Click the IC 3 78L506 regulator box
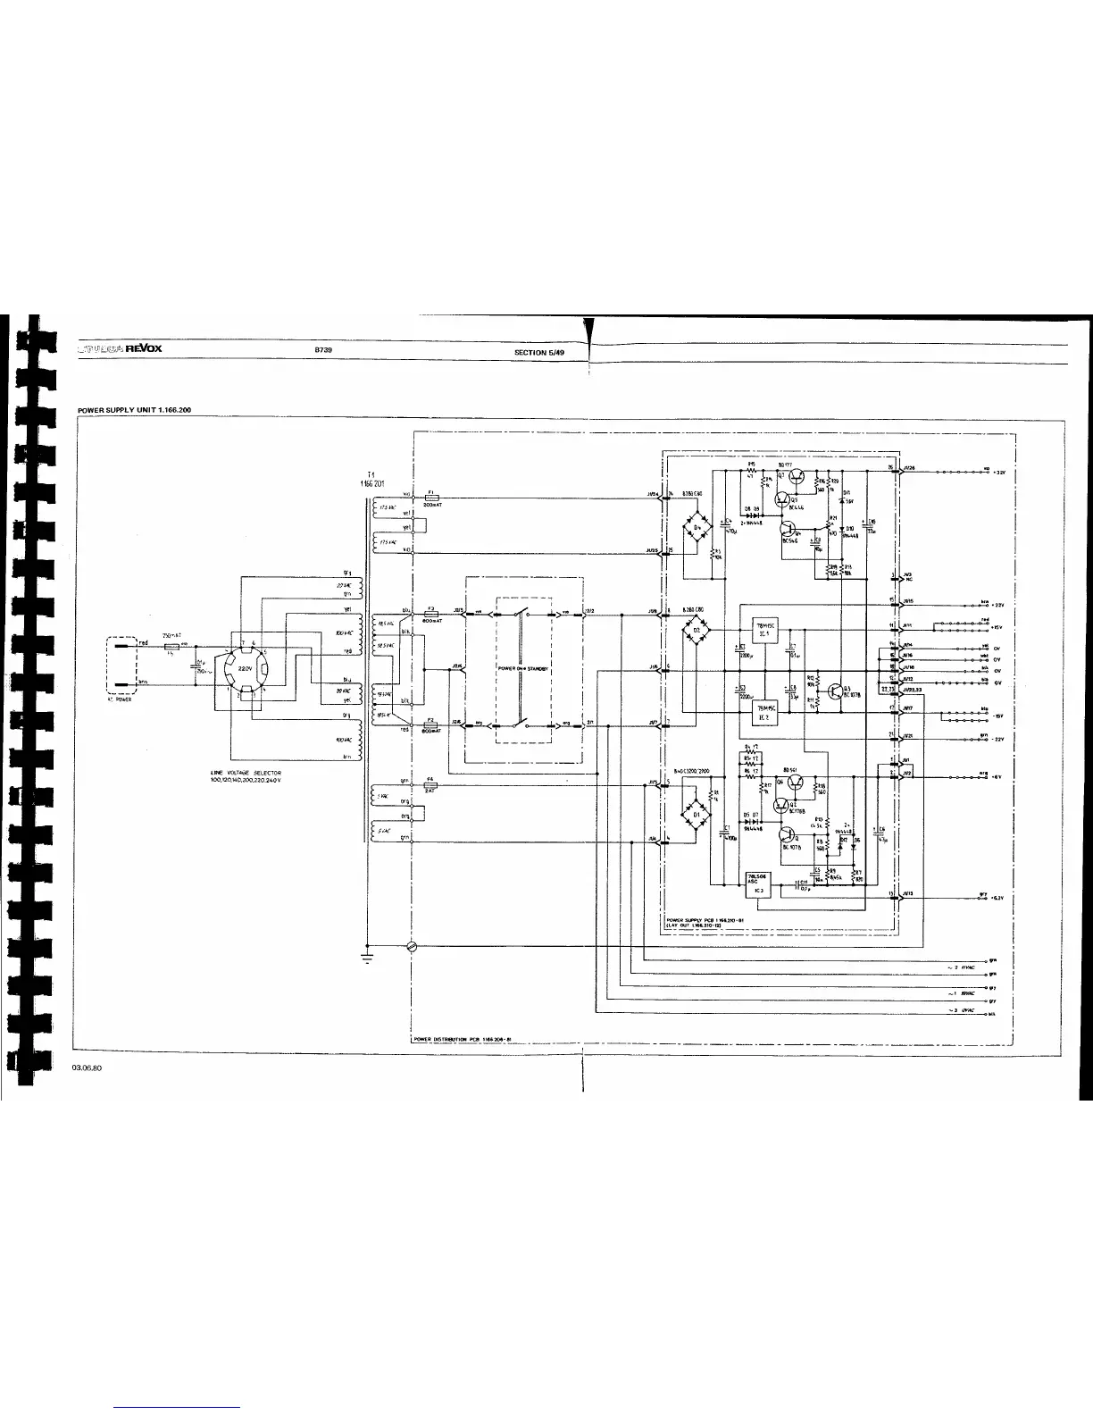pyautogui.click(x=757, y=883)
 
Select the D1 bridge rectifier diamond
pyautogui.click(x=695, y=815)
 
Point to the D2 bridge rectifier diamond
pyautogui.click(x=697, y=630)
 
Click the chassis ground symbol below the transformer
pyautogui.click(x=367, y=958)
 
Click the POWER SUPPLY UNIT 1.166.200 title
pyautogui.click(x=134, y=410)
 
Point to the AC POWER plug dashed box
pyautogui.click(x=120, y=666)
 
